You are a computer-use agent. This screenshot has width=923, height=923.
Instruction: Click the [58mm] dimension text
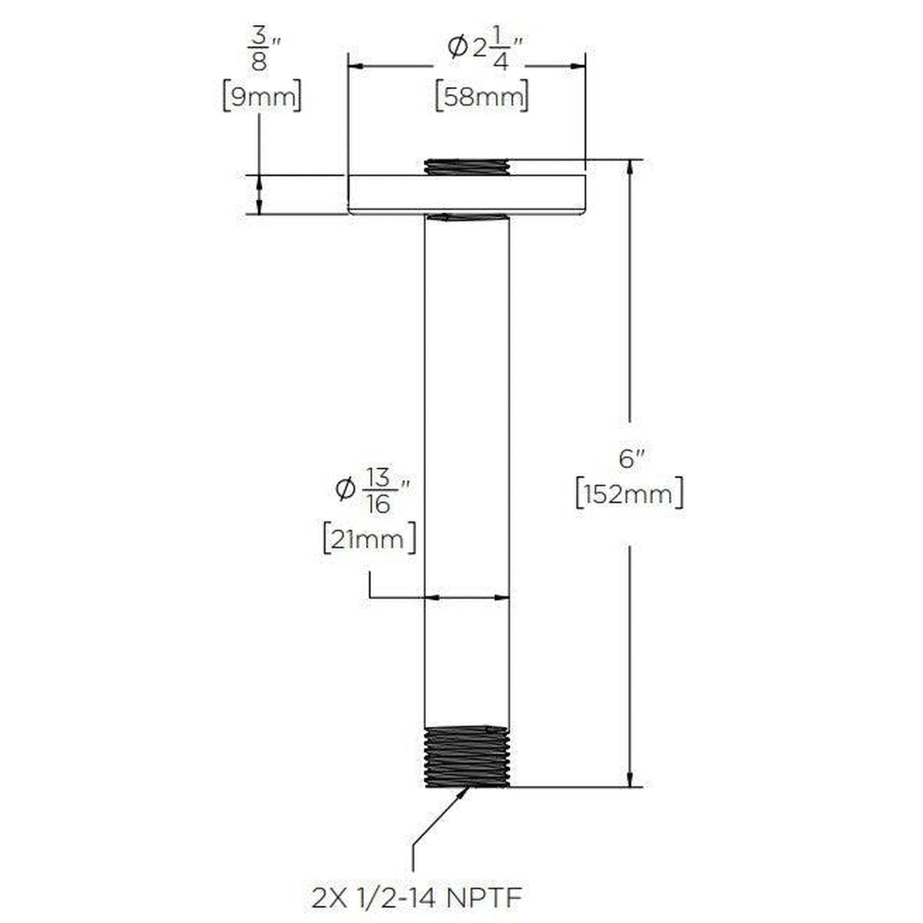[482, 97]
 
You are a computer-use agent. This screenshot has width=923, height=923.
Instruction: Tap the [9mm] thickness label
[261, 97]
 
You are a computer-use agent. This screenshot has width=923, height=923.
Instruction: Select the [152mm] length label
[629, 494]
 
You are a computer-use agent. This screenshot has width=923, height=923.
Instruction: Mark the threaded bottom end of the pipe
[467, 756]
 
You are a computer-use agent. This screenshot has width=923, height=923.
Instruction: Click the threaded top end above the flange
[467, 166]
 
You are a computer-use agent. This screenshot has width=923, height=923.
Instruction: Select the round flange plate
[466, 194]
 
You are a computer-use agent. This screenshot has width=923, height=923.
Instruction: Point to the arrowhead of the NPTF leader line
[464, 793]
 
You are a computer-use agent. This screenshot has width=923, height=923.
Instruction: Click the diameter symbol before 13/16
[344, 489]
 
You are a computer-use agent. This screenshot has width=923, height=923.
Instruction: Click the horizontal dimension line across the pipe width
[467, 598]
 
